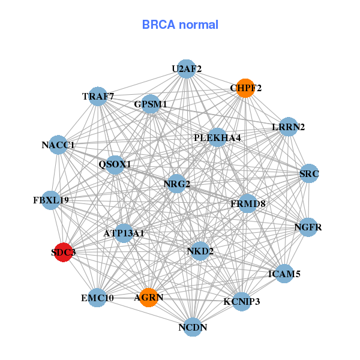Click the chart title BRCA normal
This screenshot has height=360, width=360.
click(x=180, y=25)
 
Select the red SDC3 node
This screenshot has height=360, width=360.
click(x=63, y=253)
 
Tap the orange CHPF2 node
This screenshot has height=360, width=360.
click(x=245, y=88)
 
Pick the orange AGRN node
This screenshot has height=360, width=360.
click(x=148, y=297)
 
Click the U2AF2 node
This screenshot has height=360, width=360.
click(x=187, y=68)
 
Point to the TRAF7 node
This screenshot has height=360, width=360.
click(x=98, y=96)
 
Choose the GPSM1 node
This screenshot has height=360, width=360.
click(x=151, y=104)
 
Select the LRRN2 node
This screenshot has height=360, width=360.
click(x=289, y=127)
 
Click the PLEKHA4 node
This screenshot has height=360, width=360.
click(x=217, y=138)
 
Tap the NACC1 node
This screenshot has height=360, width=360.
click(x=58, y=145)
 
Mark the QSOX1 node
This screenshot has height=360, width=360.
click(x=115, y=164)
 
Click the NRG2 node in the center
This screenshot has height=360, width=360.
click(x=176, y=184)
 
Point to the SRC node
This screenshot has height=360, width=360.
click(x=310, y=174)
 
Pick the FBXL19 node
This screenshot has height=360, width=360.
click(x=51, y=200)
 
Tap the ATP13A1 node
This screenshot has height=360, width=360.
click(x=124, y=233)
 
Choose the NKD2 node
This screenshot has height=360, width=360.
click(x=200, y=250)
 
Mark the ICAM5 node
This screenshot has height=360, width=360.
click(x=284, y=274)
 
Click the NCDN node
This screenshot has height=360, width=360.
click(x=193, y=327)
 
